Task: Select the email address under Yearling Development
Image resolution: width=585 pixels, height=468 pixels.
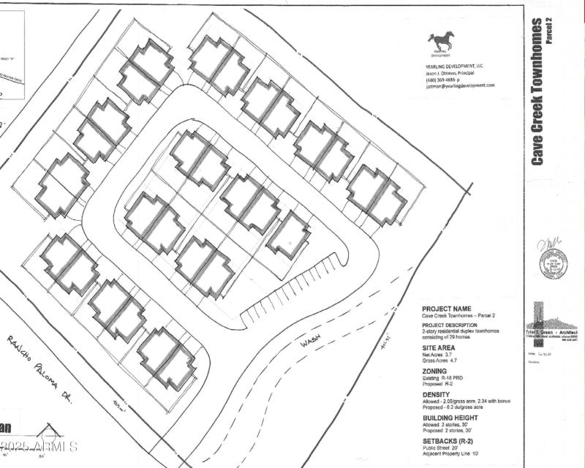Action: tap(458, 86)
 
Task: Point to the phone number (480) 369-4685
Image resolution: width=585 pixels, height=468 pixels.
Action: tap(445, 80)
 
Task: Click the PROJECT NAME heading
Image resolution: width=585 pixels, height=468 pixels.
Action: tap(447, 309)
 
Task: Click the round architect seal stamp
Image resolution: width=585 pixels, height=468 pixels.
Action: tap(554, 264)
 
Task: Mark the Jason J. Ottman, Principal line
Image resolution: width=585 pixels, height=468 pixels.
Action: tap(451, 72)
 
